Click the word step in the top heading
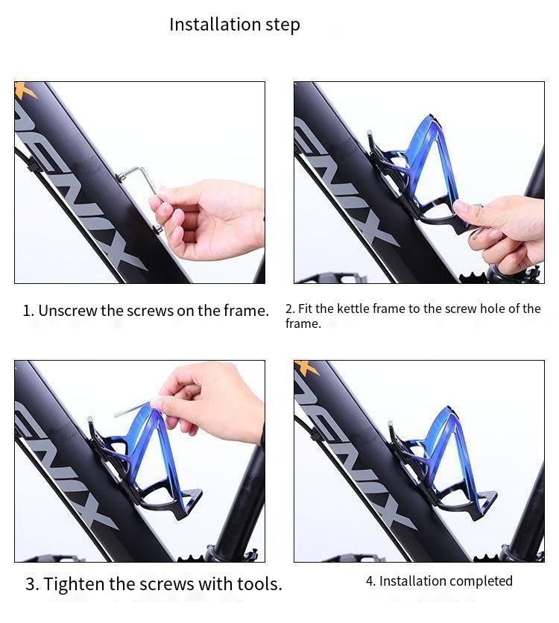point(283,25)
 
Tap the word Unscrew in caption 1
point(68,311)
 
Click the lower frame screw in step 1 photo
point(157,229)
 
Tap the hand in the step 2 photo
point(502,230)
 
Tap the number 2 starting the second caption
point(289,309)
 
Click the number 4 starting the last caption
point(369,581)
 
